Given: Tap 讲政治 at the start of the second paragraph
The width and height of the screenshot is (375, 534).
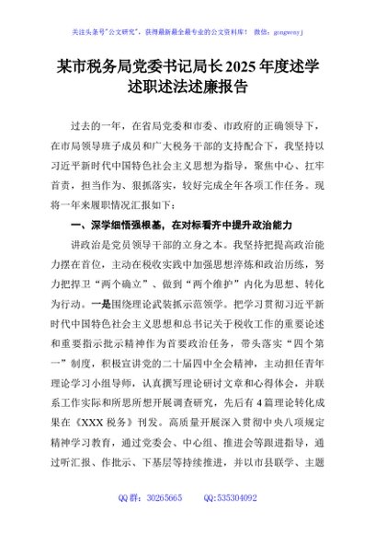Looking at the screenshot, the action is click(84, 246).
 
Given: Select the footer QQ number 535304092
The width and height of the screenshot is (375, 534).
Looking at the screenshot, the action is click(237, 521).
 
